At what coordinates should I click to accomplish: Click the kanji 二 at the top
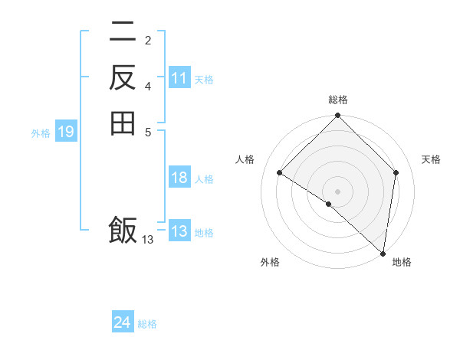123,32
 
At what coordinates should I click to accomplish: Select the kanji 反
123,78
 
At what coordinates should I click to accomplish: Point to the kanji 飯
123,230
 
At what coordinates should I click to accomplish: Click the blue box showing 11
179,78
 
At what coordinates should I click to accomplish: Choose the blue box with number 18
179,178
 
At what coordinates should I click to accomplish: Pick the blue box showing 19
66,133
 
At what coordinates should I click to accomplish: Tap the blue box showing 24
123,322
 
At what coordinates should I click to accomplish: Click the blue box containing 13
179,231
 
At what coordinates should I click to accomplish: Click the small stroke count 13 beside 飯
148,240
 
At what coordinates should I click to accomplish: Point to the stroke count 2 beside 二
148,40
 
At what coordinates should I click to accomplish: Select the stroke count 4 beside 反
148,86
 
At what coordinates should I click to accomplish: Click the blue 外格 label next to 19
41,133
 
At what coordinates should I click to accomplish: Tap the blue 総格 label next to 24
147,324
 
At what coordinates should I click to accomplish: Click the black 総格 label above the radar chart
338,100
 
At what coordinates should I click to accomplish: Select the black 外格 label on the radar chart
270,263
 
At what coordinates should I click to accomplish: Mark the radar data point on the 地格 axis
383,253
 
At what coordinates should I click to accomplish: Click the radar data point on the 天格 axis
396,172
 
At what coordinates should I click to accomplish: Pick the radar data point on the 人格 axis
280,172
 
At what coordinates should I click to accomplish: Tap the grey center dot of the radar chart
338,191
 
